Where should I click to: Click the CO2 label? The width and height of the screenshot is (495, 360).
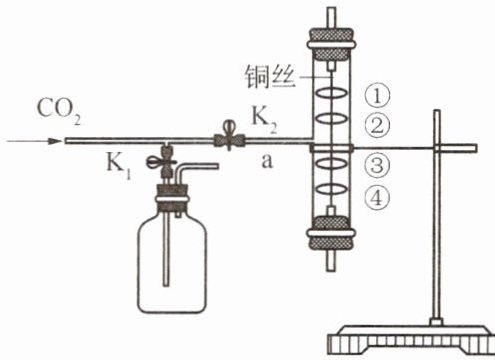click(59, 110)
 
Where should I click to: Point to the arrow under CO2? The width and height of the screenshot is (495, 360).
click(34, 141)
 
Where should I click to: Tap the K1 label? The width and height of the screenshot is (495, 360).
click(118, 165)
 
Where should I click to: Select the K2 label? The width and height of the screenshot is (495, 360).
click(264, 120)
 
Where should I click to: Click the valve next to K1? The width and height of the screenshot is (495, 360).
click(162, 162)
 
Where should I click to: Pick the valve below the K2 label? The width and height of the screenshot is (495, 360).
click(229, 137)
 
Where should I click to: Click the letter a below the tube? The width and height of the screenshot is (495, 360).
click(267, 162)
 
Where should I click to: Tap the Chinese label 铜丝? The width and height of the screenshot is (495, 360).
click(271, 77)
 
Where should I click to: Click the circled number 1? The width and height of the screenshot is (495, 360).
click(377, 95)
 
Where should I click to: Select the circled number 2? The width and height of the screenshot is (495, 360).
click(377, 126)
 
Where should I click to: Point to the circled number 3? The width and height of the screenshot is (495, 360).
click(377, 165)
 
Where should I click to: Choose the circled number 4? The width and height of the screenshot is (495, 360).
click(377, 198)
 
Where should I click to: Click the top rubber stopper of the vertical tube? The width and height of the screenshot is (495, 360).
click(331, 44)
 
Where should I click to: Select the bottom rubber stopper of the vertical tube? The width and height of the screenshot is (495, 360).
click(331, 233)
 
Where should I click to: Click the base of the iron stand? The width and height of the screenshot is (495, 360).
click(411, 339)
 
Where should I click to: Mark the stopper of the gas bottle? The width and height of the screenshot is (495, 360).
click(172, 198)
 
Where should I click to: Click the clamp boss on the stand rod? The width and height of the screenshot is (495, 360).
click(438, 148)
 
